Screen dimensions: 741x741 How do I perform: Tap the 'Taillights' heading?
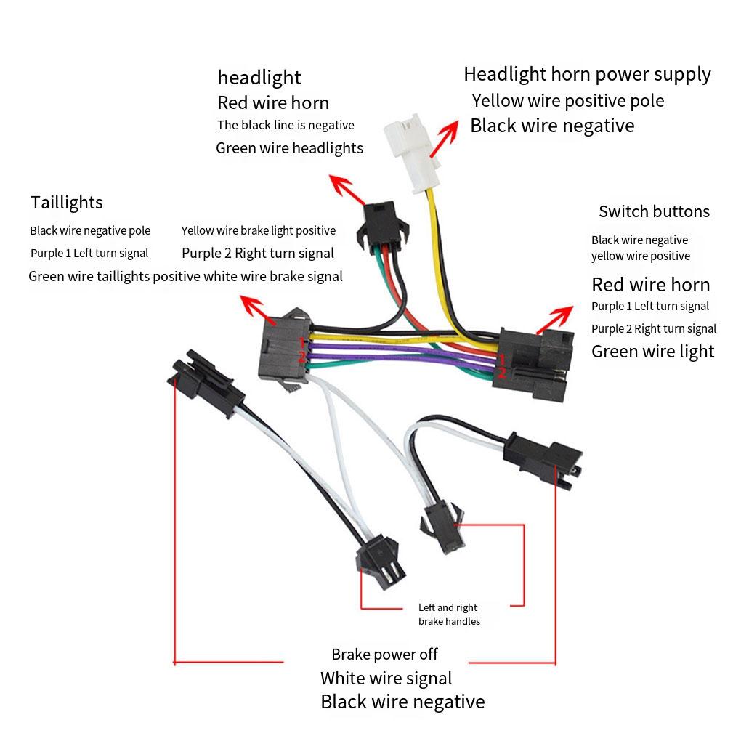click(x=67, y=203)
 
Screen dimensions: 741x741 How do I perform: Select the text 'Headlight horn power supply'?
click(x=587, y=74)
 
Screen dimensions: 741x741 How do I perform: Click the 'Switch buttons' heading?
click(x=654, y=211)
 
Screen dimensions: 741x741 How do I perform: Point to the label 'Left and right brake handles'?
click(x=448, y=614)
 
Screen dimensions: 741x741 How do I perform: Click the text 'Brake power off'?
click(x=384, y=655)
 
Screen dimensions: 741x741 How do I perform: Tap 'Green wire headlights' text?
click(x=289, y=148)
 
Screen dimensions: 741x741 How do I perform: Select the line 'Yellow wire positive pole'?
click(x=568, y=100)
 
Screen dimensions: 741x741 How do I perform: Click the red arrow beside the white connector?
click(x=445, y=138)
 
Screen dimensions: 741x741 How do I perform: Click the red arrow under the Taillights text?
click(x=259, y=309)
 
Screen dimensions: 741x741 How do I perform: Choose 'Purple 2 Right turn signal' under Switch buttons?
click(x=654, y=329)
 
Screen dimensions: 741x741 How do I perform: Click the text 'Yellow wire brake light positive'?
click(x=259, y=231)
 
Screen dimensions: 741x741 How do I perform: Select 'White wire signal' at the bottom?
click(x=386, y=679)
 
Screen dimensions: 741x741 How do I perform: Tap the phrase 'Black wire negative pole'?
click(x=90, y=231)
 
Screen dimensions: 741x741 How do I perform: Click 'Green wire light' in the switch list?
click(x=652, y=352)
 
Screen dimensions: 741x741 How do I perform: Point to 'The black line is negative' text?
click(x=286, y=125)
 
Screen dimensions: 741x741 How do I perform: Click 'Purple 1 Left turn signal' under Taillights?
click(x=89, y=254)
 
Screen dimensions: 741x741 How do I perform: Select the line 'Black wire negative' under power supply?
click(x=552, y=126)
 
